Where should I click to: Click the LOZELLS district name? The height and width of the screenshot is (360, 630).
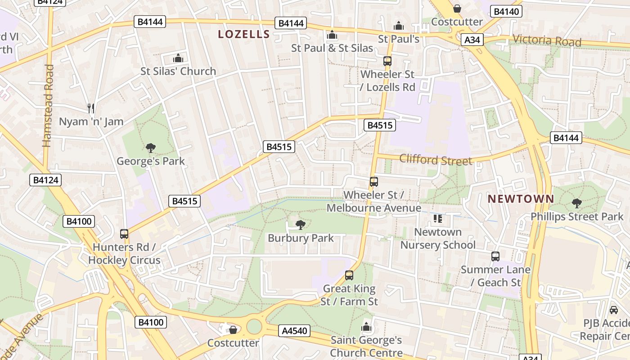coord(244,34)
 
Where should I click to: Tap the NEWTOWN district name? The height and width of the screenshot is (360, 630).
coord(521,198)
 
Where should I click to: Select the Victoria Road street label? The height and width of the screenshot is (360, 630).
coord(547,40)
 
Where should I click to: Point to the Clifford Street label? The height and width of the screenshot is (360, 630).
coord(436,160)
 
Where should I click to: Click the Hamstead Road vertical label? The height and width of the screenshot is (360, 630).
coord(48,106)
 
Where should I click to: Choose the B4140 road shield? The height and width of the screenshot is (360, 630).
coord(506,12)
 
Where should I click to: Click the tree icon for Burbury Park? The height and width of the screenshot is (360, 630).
coord(300,225)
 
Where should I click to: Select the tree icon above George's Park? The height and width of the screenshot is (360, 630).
coord(151,148)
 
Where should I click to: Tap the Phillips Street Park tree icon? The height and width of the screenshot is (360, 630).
coord(576,203)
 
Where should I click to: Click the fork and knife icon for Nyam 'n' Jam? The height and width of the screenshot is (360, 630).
coord(91,108)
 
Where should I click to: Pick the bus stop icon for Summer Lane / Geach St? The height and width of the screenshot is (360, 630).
coord(495,256)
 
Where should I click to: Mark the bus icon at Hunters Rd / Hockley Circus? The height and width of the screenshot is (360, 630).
coord(124,234)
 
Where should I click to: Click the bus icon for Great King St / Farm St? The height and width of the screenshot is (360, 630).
coord(349,275)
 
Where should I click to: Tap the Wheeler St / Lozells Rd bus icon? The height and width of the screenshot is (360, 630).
coord(387,61)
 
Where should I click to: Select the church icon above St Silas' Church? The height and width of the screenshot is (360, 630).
coord(178,58)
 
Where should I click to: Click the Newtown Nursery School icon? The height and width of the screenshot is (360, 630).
coord(437,219)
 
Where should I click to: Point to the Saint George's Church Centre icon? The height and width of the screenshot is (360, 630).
coord(366,327)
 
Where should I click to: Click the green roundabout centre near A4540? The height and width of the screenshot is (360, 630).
coord(254,327)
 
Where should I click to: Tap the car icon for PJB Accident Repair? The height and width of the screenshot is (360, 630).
coord(613,310)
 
